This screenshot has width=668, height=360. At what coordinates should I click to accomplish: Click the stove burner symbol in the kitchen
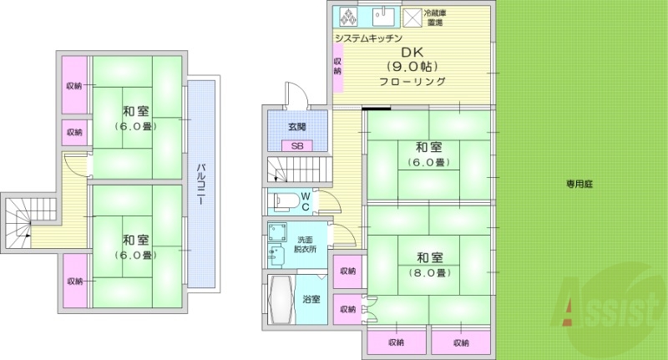click(x=347, y=17)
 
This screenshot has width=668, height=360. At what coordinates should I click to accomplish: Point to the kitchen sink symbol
click(x=382, y=17)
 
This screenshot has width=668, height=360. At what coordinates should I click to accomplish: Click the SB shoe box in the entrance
click(x=296, y=145)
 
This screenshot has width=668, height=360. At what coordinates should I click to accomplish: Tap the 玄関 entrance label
click(x=297, y=127)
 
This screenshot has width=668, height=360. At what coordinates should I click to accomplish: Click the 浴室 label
click(x=311, y=299)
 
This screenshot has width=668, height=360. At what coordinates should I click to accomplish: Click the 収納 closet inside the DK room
click(x=338, y=66)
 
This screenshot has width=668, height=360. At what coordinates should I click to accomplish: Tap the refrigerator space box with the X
click(x=412, y=18)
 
